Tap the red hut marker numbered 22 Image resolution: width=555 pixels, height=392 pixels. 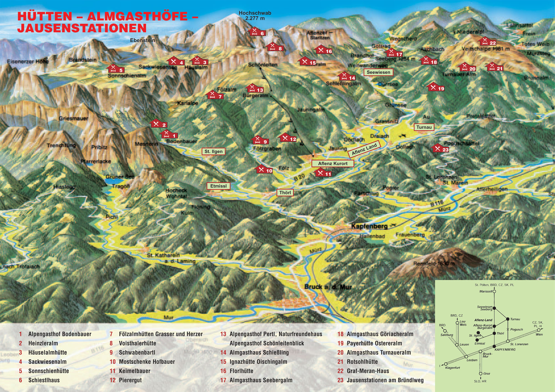pos(488,42)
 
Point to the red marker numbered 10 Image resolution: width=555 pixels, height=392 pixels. pos(264,170)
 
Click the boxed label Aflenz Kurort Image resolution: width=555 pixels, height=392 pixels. pos(332,163)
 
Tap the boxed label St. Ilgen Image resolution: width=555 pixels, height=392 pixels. pos(213,151)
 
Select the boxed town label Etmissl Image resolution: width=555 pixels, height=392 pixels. pos(218,186)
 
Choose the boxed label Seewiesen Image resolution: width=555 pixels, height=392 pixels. pos(378,72)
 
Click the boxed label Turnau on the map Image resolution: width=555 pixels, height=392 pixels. pos(424,127)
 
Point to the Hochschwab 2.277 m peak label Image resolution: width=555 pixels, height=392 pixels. pos(255,16)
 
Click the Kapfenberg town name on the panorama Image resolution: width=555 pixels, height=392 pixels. pos(369,226)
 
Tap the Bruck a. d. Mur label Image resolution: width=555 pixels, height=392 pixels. pos(328,287)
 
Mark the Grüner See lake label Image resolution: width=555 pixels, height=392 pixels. pos(120,177)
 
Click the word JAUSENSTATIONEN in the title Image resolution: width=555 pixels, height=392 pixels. pos(82,28)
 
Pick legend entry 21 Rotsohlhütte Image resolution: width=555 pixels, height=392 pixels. pos(362,362)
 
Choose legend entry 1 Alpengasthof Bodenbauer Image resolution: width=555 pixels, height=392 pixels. pos(59,334)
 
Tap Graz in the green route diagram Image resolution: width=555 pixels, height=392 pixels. pos(486,373)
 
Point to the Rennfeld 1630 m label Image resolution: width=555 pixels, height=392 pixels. pos(434,263)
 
